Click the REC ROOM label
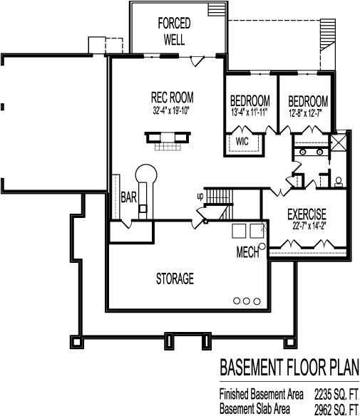click(173, 98)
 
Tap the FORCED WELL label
click(174, 30)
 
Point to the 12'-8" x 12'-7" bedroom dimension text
click(308, 112)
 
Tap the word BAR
click(129, 195)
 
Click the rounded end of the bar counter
click(145, 172)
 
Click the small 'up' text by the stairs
click(201, 195)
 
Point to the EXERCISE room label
click(307, 214)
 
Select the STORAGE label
click(175, 279)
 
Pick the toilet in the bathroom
click(338, 181)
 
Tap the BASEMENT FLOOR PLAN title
click(289, 367)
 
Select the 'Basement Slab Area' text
click(254, 408)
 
